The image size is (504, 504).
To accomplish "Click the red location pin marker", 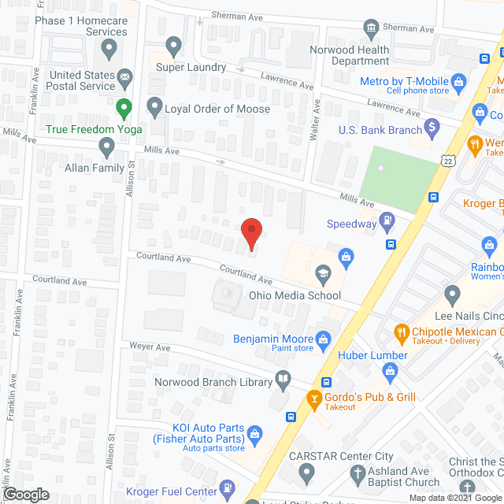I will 250,233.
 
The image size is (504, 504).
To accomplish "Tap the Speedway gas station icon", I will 387,223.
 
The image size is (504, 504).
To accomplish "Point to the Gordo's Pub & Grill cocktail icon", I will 314,398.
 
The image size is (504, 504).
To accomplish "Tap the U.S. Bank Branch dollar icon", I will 431,126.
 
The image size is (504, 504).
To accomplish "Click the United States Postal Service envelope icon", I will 124,79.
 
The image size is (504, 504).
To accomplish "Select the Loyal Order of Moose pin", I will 154,106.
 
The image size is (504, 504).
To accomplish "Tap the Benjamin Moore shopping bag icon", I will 323,338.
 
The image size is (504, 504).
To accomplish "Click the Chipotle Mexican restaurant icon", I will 401,333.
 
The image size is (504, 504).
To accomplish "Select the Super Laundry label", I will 191,68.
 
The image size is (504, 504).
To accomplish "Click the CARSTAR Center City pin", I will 307,472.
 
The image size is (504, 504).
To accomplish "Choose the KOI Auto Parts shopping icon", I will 254,432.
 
